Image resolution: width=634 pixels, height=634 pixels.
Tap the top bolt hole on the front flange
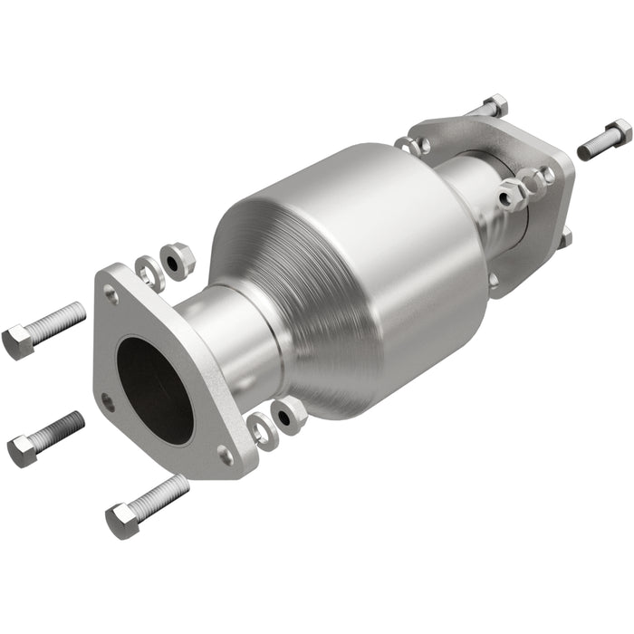pyautogui.click(x=110, y=293)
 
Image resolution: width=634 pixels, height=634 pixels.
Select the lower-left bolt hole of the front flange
pyautogui.click(x=108, y=399)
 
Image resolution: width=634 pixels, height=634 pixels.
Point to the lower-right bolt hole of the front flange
pyautogui.click(x=225, y=454)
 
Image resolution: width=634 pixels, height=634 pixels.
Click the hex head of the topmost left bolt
pyautogui.click(x=17, y=341)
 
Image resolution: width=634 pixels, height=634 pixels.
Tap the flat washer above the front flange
pyautogui.click(x=150, y=271)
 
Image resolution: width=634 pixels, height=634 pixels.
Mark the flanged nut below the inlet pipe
pyautogui.click(x=291, y=413)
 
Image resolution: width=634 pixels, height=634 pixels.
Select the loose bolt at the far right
pyautogui.click(x=603, y=139)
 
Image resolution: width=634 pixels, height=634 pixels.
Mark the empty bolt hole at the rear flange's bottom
pyautogui.click(x=495, y=280)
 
